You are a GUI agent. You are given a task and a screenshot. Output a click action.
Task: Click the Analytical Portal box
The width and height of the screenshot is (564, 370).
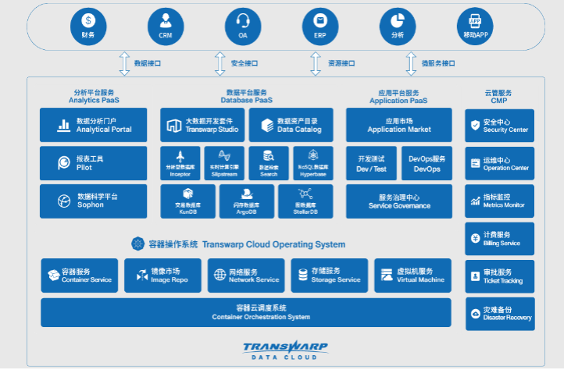pos(93,125)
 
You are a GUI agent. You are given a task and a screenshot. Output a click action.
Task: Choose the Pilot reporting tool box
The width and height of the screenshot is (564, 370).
pos(93,162)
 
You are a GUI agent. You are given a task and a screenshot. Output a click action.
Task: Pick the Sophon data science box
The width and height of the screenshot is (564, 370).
pos(93,201)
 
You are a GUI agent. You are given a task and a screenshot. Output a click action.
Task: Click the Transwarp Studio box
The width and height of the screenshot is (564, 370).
pos(202,125)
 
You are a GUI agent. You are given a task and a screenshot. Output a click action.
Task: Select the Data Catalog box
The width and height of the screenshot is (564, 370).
pos(291,125)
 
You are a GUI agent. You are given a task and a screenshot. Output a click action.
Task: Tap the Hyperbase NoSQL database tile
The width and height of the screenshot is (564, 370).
pos(312,162)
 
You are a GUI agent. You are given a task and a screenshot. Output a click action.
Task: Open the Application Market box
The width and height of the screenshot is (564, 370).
pos(398,125)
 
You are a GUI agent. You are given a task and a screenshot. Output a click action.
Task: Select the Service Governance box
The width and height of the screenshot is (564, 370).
pos(398,201)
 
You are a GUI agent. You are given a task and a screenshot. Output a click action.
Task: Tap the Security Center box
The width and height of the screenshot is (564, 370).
pos(498,126)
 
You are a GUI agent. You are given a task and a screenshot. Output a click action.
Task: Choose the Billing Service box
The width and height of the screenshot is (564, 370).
pos(498,238)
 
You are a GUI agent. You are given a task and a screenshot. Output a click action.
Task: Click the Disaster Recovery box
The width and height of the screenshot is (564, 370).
pos(498,313)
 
